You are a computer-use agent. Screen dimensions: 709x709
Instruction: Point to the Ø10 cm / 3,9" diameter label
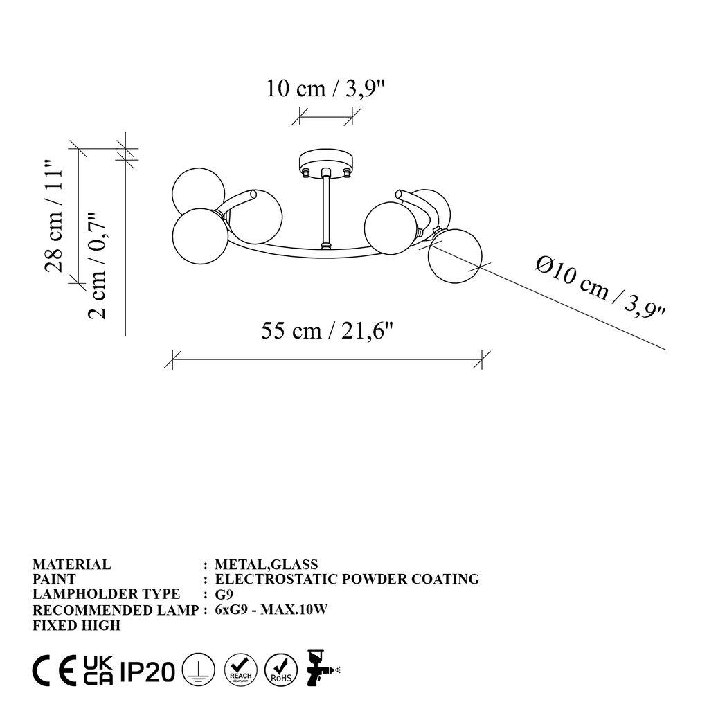[x=600, y=287]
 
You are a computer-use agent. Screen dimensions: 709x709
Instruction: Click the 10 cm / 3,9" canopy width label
[x=325, y=89]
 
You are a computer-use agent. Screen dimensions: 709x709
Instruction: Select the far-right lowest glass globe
[x=454, y=256]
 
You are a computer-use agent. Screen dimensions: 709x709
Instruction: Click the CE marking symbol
[x=55, y=671]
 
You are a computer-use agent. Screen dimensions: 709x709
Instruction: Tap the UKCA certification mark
[x=98, y=671]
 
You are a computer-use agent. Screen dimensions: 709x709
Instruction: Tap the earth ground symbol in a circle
[x=198, y=671]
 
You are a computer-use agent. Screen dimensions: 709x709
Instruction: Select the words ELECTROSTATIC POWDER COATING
[x=347, y=579]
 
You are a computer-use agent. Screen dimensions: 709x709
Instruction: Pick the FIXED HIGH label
[x=76, y=625]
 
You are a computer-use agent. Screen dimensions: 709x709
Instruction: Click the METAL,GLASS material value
[x=267, y=564]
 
